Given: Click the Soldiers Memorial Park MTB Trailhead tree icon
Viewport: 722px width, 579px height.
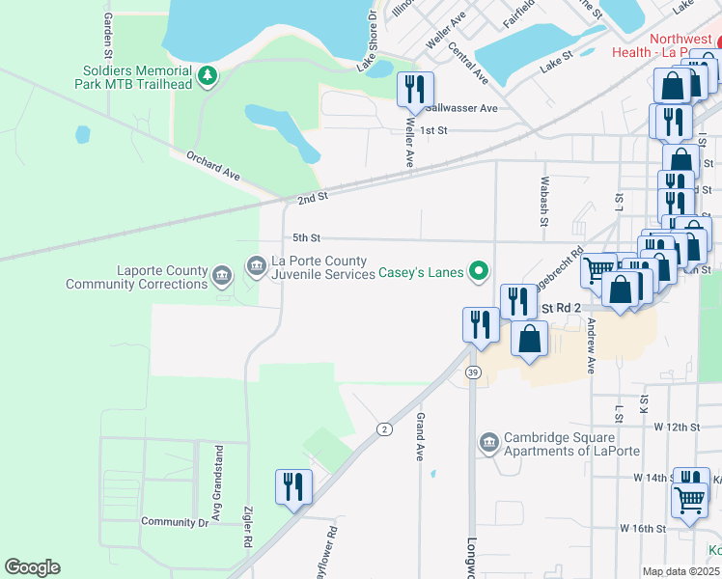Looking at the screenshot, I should (x=206, y=76).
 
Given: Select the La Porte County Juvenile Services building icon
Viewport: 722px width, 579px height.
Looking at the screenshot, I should (x=256, y=263).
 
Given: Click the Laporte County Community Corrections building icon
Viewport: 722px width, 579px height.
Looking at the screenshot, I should (x=222, y=278).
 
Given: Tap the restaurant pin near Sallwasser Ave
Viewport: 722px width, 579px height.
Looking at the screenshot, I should (x=415, y=90).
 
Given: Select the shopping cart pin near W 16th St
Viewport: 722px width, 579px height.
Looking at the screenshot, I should (x=690, y=499).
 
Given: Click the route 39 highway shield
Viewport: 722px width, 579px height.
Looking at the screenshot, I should (x=472, y=372).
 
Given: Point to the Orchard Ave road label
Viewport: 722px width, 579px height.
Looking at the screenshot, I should (x=211, y=167).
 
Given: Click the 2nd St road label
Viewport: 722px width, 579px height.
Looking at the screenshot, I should (x=313, y=197).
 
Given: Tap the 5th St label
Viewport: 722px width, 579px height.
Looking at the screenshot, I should (x=306, y=237).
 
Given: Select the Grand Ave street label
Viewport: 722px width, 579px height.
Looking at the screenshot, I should (x=421, y=438).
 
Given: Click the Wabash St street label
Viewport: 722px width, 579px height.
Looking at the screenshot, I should (x=544, y=201).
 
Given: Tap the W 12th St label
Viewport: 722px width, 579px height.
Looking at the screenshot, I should (x=675, y=426).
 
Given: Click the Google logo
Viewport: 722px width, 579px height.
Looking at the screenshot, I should (x=32, y=567).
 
